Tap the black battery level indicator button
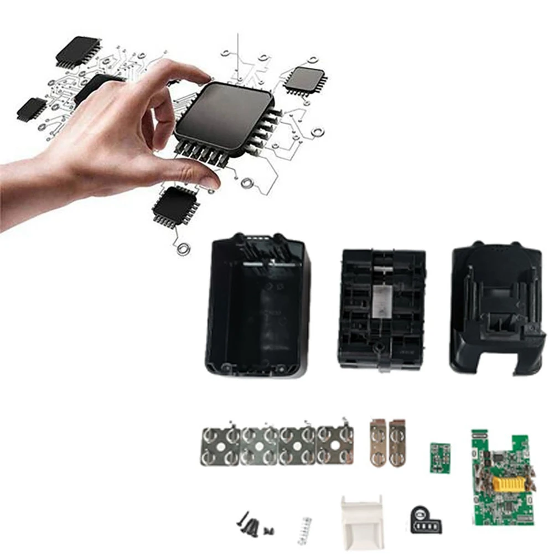(x=426, y=520)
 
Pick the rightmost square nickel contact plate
(x=335, y=445)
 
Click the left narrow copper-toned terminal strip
(x=379, y=443)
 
